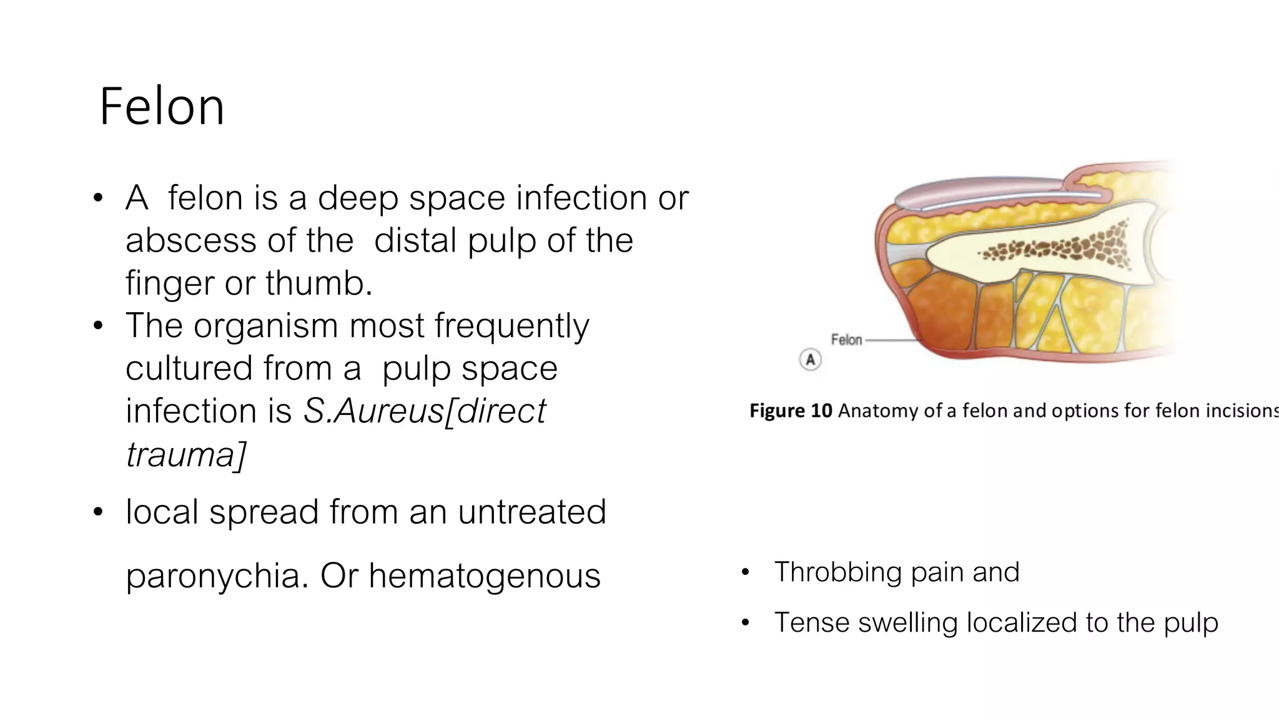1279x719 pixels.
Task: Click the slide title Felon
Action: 161,107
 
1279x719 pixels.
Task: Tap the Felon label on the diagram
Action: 846,340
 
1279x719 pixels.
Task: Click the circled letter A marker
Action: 810,360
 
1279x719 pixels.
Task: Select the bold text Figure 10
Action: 791,411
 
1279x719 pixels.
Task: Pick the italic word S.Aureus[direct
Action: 424,411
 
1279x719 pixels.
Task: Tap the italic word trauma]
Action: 185,454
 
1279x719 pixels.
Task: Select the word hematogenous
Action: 485,575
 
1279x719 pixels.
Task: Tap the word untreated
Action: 531,512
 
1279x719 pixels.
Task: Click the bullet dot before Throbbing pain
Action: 744,573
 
